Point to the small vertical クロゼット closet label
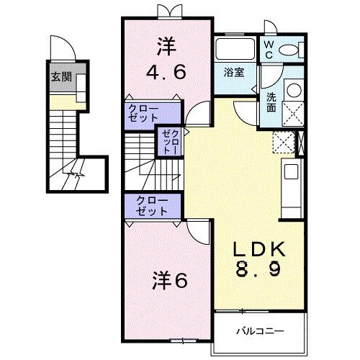[170, 142]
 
